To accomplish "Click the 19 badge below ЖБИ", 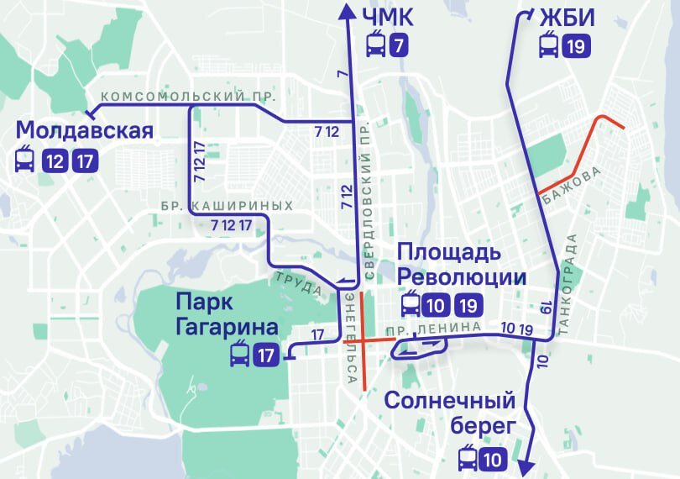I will coord(575,45).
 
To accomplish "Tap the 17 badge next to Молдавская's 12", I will coord(84,160).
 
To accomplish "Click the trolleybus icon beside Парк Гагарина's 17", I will coord(239,355).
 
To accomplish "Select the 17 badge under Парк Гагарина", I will coord(266,355).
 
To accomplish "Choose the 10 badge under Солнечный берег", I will coord(493,459).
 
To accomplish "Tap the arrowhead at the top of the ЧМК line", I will coord(346,9).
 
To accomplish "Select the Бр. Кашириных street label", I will coord(228,206).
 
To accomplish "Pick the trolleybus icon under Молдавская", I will coord(25,160).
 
